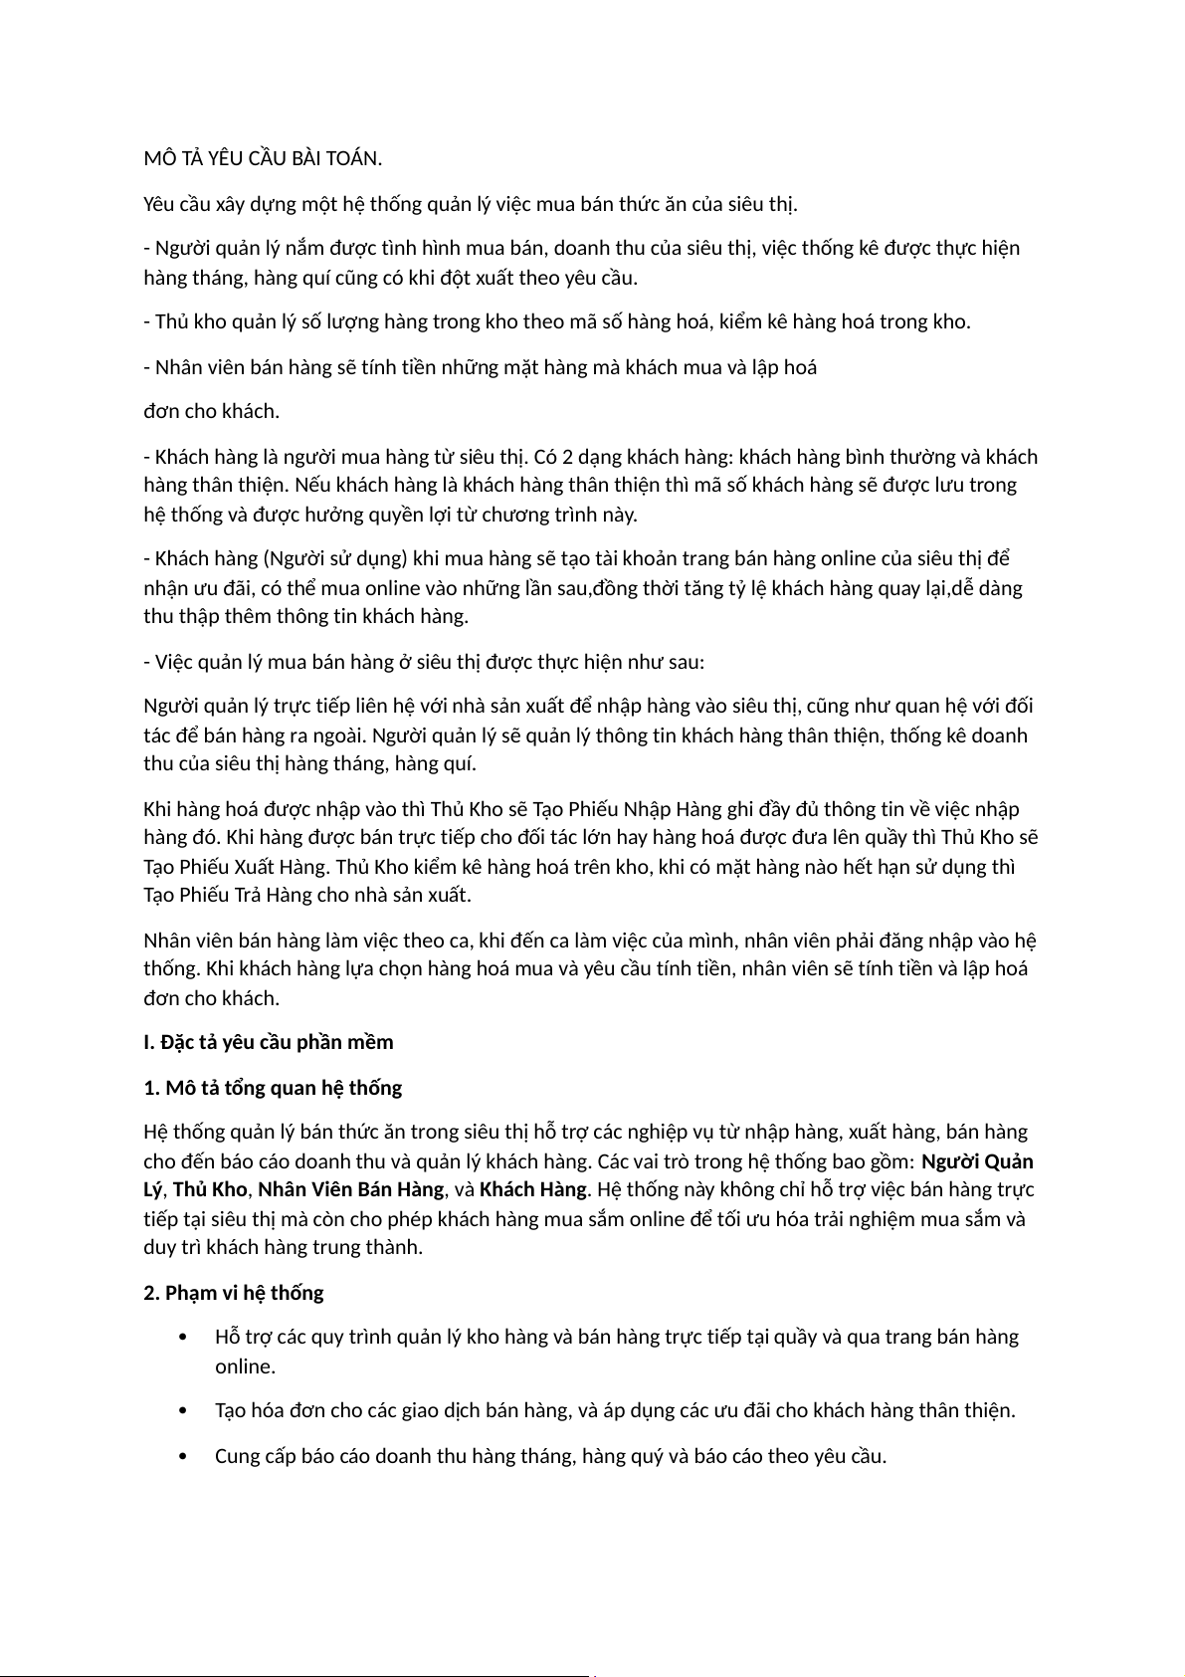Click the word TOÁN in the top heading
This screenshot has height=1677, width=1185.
tap(353, 159)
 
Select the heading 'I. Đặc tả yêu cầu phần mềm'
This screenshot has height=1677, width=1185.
tap(269, 1042)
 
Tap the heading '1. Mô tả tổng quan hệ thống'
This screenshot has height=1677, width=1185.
tap(273, 1087)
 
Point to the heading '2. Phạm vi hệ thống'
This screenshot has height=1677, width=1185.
tap(234, 1293)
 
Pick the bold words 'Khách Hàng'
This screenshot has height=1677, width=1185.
tap(532, 1189)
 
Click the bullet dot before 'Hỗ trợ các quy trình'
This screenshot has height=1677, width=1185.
tap(181, 1338)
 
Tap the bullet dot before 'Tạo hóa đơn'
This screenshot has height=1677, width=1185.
tap(181, 1411)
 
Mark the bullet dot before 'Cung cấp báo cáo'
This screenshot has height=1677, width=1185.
tap(181, 1457)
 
